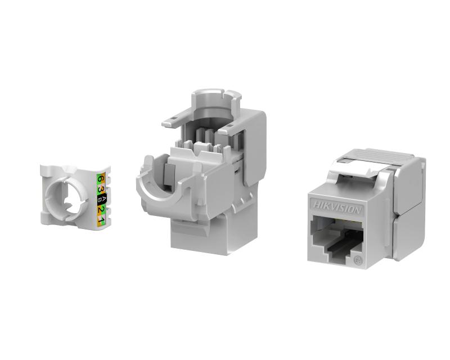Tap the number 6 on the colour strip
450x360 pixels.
point(101,179)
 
